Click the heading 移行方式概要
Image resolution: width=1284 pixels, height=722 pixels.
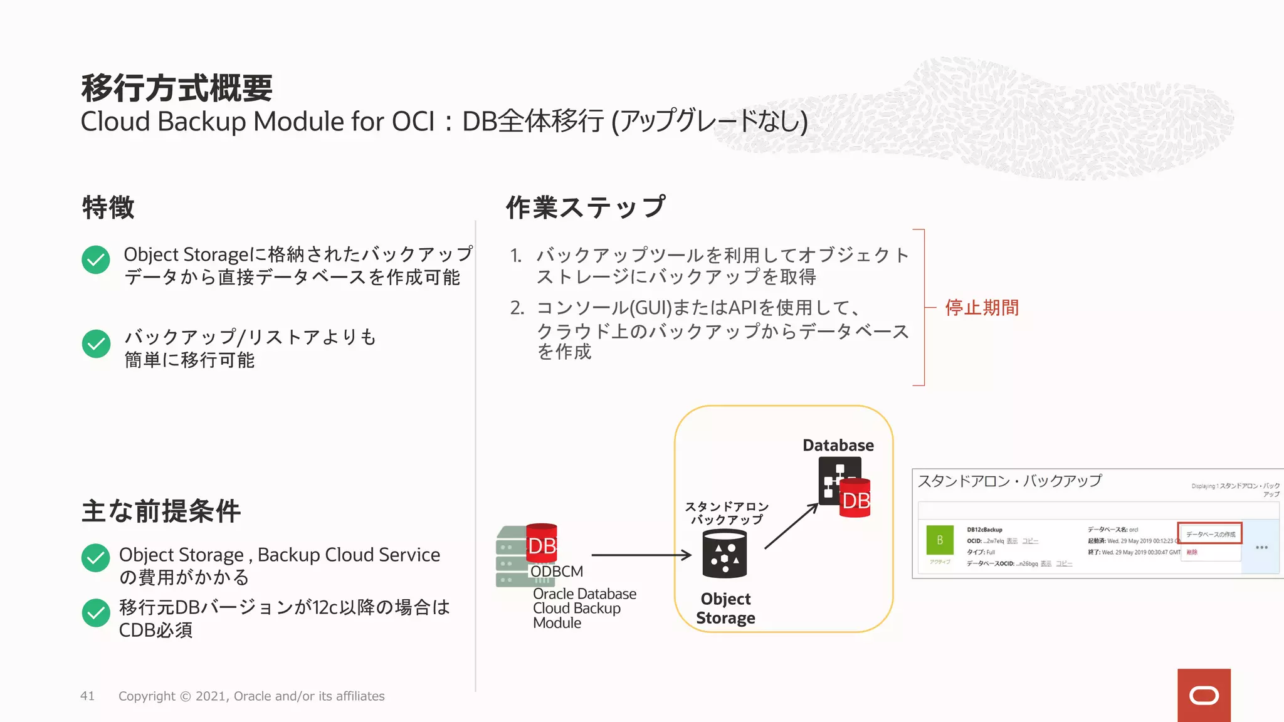[x=177, y=88]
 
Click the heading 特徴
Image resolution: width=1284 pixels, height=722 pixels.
[x=108, y=207]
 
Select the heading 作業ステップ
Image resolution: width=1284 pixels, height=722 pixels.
[x=585, y=207]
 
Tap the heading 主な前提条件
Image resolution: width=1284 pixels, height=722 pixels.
[x=161, y=511]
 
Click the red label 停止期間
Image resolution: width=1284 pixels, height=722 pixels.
[x=982, y=308]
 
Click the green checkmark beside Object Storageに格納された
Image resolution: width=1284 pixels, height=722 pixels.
[x=96, y=259]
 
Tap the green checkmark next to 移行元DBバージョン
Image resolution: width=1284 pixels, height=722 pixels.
[x=96, y=613]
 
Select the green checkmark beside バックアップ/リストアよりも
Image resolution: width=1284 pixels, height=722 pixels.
[x=96, y=343]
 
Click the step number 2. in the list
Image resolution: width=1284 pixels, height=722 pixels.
[x=517, y=308]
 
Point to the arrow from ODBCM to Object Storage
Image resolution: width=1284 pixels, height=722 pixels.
[x=641, y=555]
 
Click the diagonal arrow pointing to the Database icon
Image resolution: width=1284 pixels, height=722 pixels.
[x=791, y=526]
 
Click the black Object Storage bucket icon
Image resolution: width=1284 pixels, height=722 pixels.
[x=725, y=554]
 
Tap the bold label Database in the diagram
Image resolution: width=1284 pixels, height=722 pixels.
[x=838, y=446]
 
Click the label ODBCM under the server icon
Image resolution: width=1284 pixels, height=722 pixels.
[x=557, y=572]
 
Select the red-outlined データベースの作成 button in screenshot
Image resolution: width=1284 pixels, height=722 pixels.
[x=1210, y=534]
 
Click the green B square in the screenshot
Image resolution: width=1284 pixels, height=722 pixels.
[x=940, y=540]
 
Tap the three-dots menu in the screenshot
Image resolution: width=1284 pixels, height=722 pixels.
[x=1261, y=548]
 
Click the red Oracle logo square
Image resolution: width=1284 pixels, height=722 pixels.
[x=1204, y=695]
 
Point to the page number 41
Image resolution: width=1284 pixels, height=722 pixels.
[x=87, y=696]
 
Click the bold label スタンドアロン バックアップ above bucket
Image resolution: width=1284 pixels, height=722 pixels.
[x=727, y=513]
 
